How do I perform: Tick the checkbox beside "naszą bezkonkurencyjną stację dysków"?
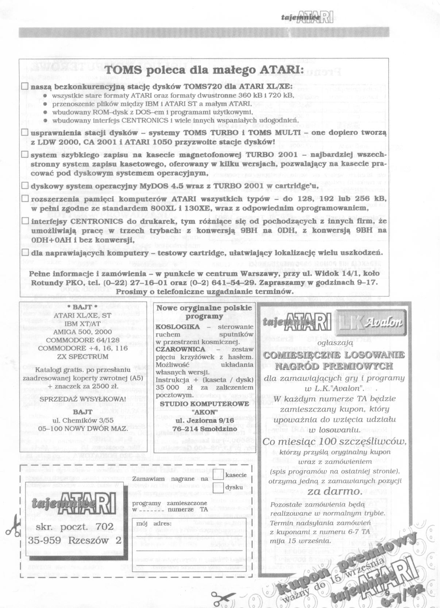point(25,87)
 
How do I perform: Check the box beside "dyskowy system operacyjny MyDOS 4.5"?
point(25,186)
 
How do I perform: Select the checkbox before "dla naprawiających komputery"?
point(25,252)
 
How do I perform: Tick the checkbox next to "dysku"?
point(219,487)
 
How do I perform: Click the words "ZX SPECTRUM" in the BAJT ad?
point(83,357)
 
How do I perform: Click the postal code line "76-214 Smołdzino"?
point(205,429)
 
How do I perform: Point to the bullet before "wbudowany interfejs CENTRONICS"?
point(45,120)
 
